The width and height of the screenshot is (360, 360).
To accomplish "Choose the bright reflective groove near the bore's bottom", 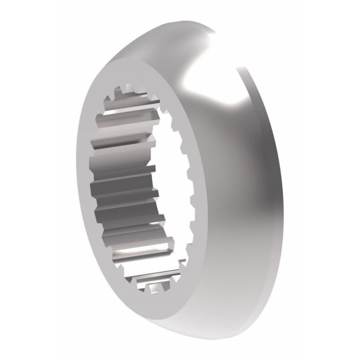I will click(134, 255).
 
